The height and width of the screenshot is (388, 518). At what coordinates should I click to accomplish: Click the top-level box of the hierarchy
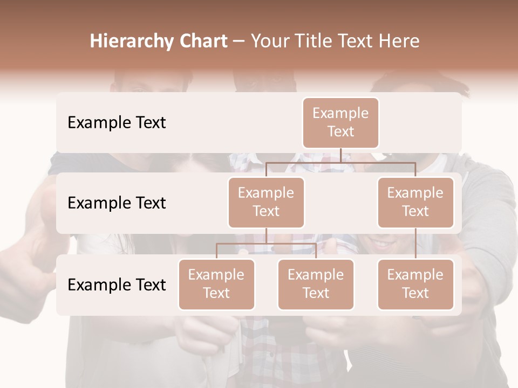(x=340, y=122)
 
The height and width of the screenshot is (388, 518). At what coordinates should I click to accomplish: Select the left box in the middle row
(x=266, y=202)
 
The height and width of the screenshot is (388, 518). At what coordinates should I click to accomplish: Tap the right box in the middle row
(x=415, y=202)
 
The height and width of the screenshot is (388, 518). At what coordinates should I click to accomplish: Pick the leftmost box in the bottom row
(x=216, y=284)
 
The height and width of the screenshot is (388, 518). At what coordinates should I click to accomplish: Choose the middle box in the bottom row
(x=316, y=284)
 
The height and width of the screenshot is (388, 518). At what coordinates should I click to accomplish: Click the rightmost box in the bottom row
(x=415, y=284)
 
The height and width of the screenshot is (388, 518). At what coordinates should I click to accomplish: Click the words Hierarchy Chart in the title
(x=159, y=41)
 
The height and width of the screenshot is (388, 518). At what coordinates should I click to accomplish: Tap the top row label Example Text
(x=117, y=122)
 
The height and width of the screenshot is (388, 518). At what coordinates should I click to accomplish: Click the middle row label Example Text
(x=117, y=203)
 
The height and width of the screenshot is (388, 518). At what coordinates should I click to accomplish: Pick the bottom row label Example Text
(x=117, y=285)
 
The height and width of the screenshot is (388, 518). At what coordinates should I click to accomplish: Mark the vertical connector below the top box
(x=341, y=155)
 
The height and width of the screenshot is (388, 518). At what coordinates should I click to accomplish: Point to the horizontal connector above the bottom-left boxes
(x=266, y=244)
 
